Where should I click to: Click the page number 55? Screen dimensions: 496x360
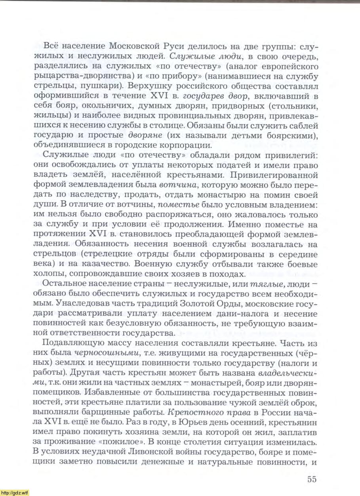pyautogui.click(x=312, y=479)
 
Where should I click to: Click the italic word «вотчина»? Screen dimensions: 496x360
pyautogui.click(x=175, y=185)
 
